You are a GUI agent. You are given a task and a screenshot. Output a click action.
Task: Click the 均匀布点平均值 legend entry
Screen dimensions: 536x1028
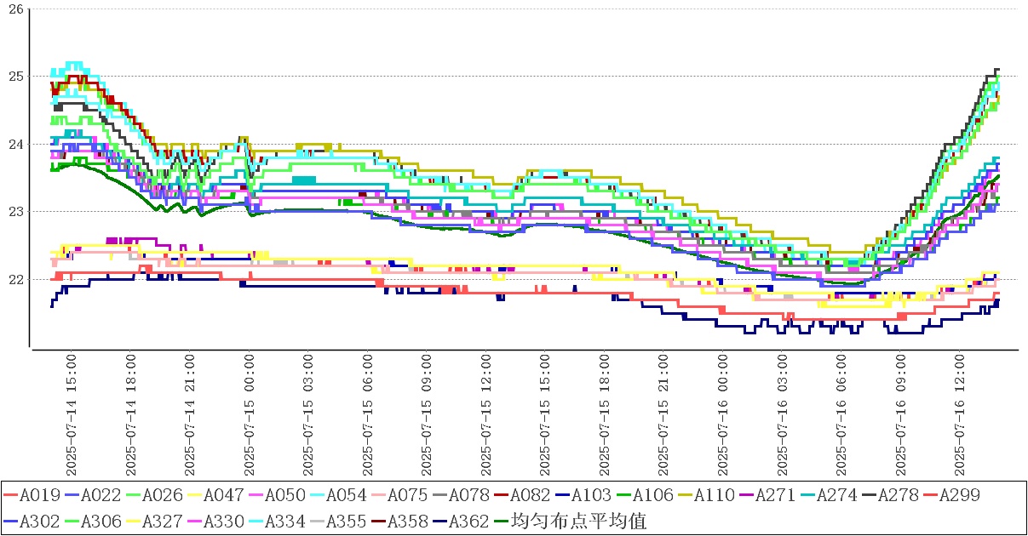(x=577, y=522)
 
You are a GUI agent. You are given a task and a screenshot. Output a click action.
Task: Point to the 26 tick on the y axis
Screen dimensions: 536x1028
(x=14, y=9)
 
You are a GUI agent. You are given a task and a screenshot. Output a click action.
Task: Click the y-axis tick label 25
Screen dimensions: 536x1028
(x=14, y=76)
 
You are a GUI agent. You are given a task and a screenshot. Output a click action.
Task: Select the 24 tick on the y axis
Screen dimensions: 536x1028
(x=14, y=144)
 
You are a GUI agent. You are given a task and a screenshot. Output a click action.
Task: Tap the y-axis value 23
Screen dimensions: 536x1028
(x=14, y=211)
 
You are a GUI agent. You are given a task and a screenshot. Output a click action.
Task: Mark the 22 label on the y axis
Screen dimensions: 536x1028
(x=14, y=279)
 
